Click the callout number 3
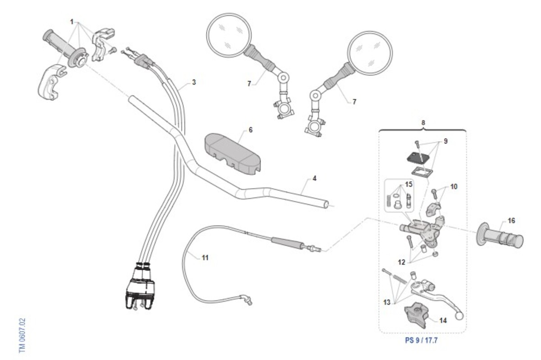[193, 83]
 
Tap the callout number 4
[314, 179]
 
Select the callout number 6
[251, 130]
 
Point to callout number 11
[205, 258]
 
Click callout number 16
[511, 221]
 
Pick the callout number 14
[443, 321]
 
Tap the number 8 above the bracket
[423, 122]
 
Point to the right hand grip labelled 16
[500, 235]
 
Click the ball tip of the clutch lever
[459, 317]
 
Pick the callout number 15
[408, 185]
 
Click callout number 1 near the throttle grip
[72, 22]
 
